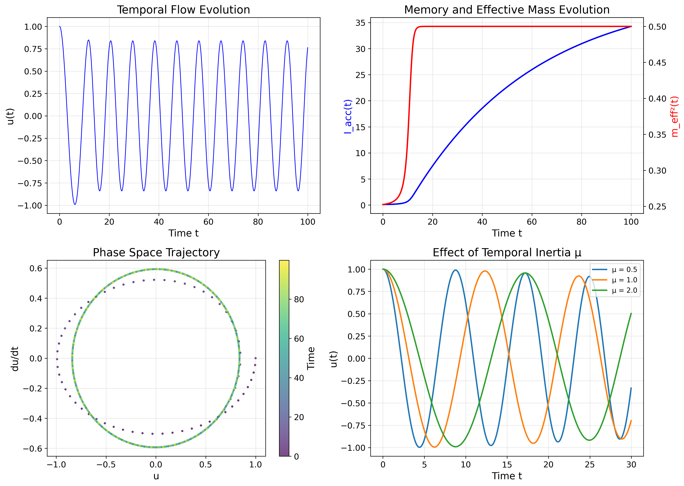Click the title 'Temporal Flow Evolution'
183,10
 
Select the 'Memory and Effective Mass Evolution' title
507,10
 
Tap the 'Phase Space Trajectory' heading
156,253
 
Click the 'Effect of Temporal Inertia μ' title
507,253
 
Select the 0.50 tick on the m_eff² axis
657,27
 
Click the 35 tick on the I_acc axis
360,23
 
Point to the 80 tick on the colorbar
299,299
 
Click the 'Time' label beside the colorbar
311,358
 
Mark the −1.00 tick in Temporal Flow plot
30,206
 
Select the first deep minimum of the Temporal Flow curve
75,204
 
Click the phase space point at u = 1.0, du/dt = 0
255,358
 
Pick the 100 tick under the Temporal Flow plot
307,222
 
